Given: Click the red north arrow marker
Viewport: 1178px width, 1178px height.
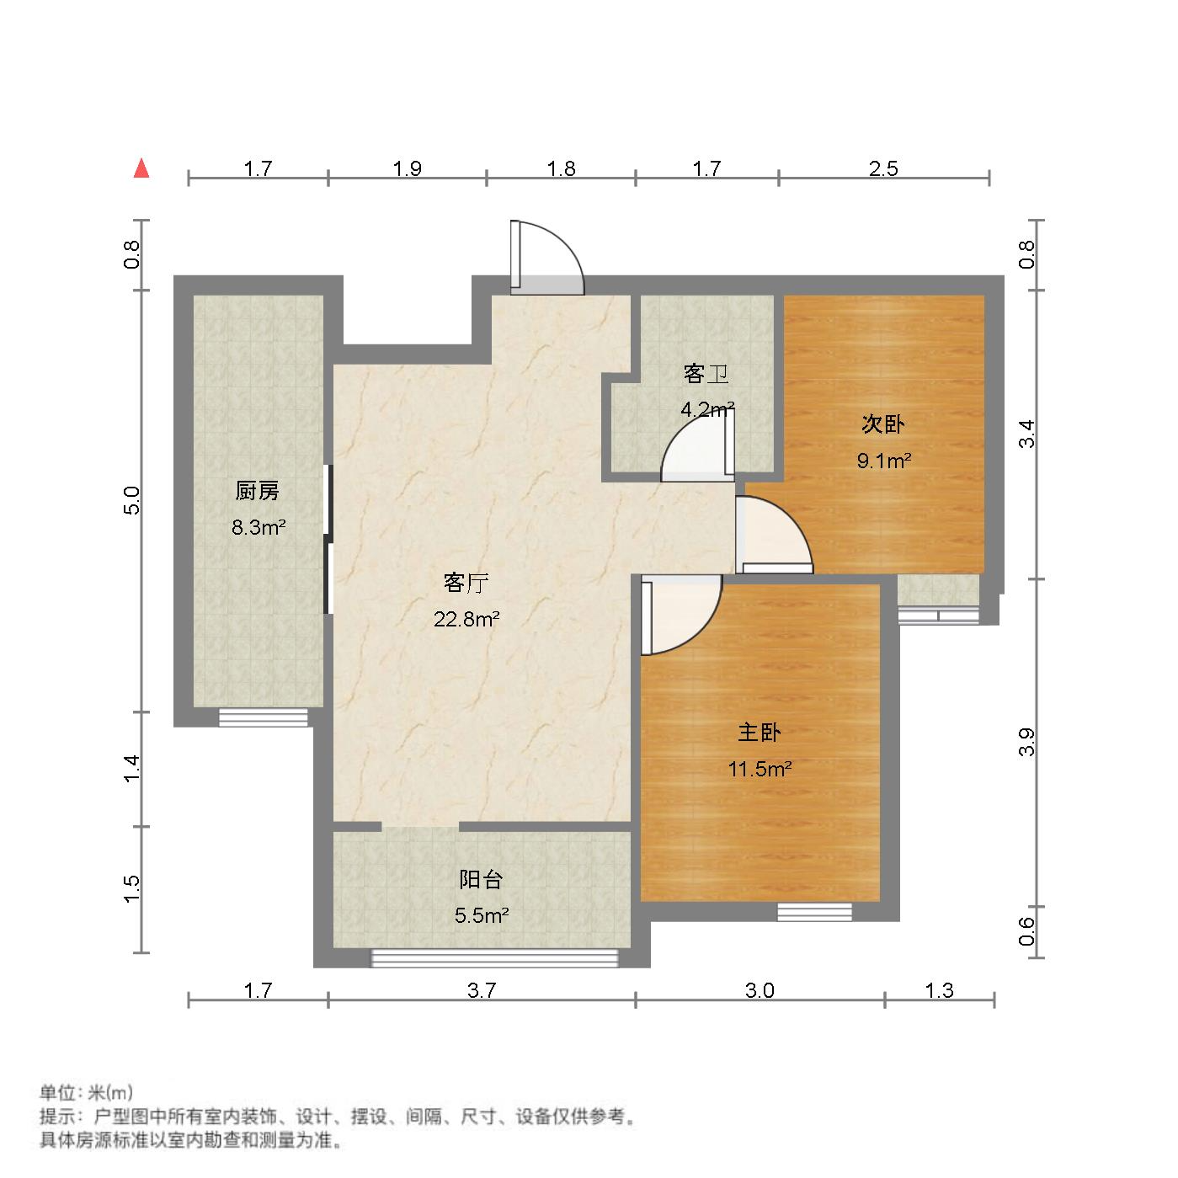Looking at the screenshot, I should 141,168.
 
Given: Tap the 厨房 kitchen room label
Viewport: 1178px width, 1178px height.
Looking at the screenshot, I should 258,491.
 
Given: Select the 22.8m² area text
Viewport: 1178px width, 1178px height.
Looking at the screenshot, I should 467,621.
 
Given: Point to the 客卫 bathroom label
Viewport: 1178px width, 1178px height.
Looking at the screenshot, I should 706,374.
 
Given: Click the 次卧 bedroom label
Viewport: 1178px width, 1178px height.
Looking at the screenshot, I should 882,424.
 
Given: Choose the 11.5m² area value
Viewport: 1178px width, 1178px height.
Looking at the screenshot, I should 760,769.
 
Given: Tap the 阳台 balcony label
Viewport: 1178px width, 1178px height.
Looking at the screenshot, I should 482,880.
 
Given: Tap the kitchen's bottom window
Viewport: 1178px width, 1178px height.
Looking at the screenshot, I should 264,718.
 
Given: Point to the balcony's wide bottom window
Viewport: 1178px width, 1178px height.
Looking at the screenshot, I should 495,958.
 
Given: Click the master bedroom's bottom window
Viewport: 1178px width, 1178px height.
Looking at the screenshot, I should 814,912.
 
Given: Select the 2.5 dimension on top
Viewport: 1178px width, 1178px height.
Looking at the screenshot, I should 883,169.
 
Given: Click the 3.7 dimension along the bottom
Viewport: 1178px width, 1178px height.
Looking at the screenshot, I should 482,991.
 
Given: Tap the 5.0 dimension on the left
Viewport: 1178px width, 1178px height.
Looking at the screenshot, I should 131,501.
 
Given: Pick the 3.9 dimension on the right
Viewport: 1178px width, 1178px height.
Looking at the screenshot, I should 1026,741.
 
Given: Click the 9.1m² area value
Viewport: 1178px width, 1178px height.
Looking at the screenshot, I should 884,461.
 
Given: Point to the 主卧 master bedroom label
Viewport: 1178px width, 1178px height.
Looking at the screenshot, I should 760,733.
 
